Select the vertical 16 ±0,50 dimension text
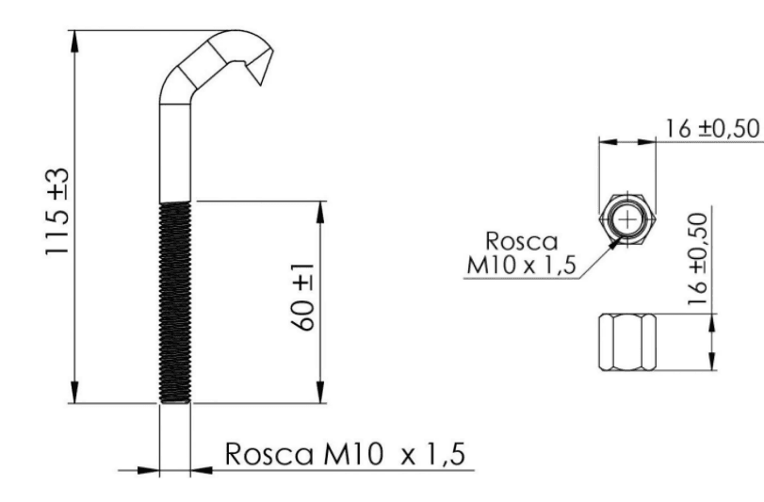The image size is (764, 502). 699,255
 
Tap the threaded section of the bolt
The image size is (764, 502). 175,302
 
